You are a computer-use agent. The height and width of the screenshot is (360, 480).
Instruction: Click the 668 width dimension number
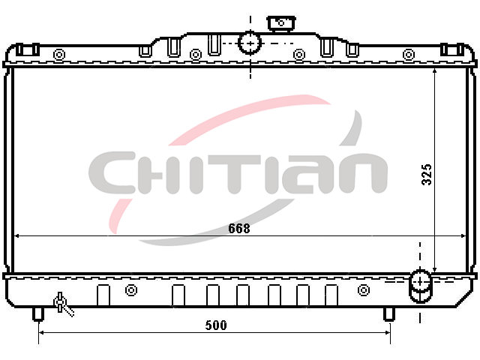pyautogui.click(x=239, y=228)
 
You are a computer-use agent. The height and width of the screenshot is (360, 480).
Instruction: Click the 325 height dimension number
pyautogui.click(x=427, y=175)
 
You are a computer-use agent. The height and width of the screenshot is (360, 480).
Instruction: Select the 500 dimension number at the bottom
pyautogui.click(x=216, y=325)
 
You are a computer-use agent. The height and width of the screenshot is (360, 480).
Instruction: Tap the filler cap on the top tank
pyautogui.click(x=281, y=24)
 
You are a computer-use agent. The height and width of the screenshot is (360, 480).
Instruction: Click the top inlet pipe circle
pyautogui.click(x=250, y=43)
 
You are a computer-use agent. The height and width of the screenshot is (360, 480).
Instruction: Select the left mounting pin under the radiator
pyautogui.click(x=38, y=314)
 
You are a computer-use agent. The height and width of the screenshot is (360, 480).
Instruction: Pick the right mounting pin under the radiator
pyautogui.click(x=389, y=314)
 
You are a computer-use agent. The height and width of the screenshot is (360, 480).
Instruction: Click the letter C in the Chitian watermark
pyautogui.click(x=112, y=172)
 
